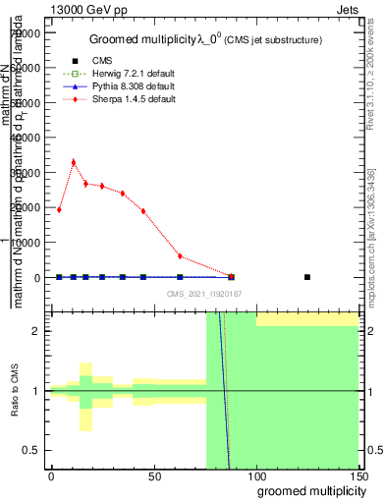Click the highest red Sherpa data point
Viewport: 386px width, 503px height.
tap(74, 162)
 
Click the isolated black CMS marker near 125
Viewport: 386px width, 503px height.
tap(307, 277)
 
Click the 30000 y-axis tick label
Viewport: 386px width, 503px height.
tap(28, 173)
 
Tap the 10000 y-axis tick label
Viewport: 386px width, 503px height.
tap(28, 243)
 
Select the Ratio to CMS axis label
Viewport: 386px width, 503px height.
tap(16, 390)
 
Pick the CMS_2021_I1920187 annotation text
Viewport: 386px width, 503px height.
tap(203, 293)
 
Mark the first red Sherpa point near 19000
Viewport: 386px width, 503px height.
tap(59, 209)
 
